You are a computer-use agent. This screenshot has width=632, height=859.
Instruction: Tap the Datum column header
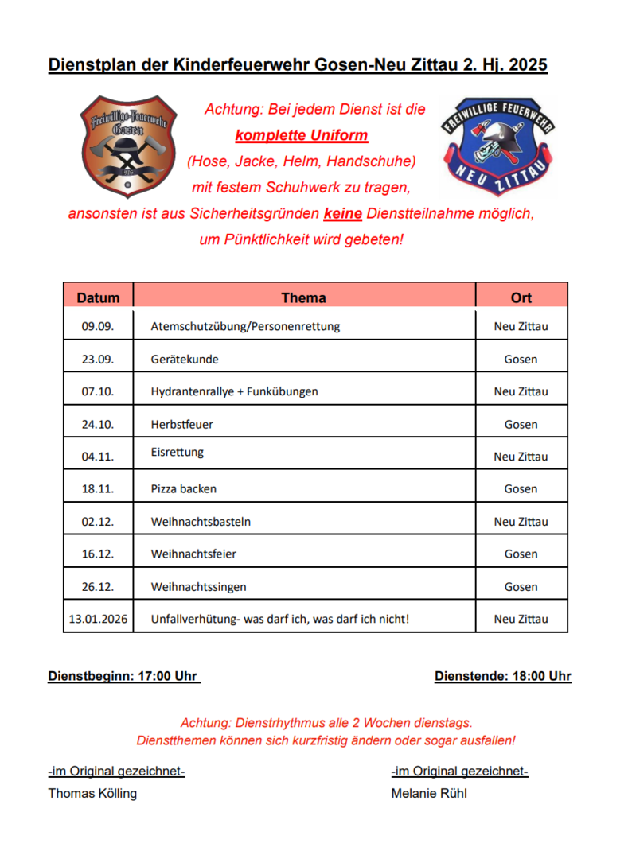98,297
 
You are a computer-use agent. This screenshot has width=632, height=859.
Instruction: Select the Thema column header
303,297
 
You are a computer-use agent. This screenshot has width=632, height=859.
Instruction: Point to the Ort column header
521,297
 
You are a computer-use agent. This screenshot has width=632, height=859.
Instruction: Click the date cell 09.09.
98,326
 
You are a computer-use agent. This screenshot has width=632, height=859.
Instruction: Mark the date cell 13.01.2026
98,619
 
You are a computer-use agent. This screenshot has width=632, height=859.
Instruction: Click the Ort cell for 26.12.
521,587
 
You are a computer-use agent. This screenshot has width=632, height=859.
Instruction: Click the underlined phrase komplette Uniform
302,135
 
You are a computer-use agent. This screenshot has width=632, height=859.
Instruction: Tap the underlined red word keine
343,214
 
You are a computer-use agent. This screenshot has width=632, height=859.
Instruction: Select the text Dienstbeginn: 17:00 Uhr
123,677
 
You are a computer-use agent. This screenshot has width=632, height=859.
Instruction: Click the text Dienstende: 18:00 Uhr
502,677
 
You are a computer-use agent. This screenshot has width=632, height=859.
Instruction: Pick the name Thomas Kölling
92,793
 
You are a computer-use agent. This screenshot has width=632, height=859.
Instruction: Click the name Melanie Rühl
429,793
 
